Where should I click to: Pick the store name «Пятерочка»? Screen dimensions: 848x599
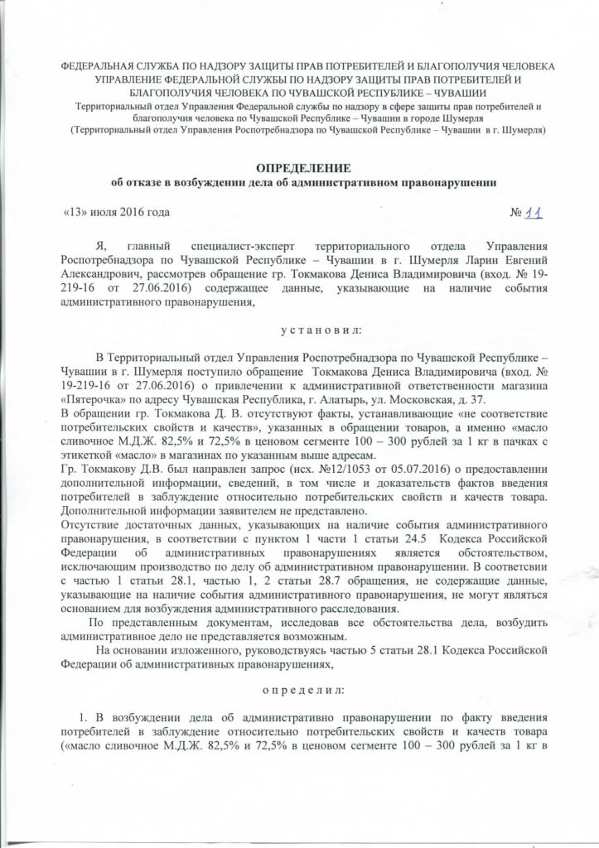click(90, 398)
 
